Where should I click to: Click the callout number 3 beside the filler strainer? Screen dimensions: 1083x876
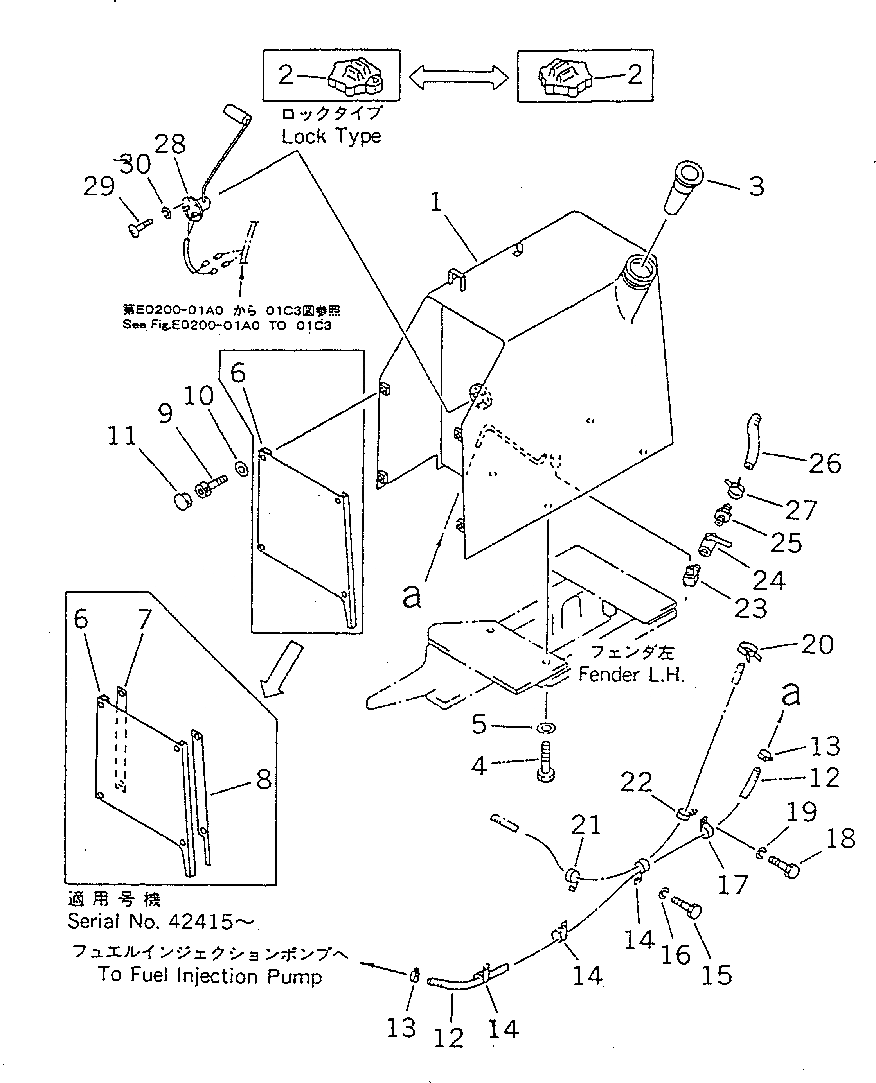click(x=756, y=186)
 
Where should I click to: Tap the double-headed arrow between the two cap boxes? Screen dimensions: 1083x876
click(x=458, y=77)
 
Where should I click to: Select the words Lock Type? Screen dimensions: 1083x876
click(x=331, y=136)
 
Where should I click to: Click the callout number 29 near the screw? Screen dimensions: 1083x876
click(x=99, y=186)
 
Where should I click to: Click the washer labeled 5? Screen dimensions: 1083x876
click(x=546, y=728)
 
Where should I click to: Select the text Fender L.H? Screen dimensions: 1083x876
click(x=631, y=674)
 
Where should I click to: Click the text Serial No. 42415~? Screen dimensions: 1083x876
click(x=160, y=922)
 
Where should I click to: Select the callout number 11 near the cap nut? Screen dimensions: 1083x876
click(x=122, y=435)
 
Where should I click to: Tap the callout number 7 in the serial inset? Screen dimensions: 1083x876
click(x=144, y=618)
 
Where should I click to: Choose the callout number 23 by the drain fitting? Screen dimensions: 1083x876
click(x=750, y=608)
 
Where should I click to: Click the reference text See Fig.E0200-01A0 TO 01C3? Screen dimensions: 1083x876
click(x=227, y=325)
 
